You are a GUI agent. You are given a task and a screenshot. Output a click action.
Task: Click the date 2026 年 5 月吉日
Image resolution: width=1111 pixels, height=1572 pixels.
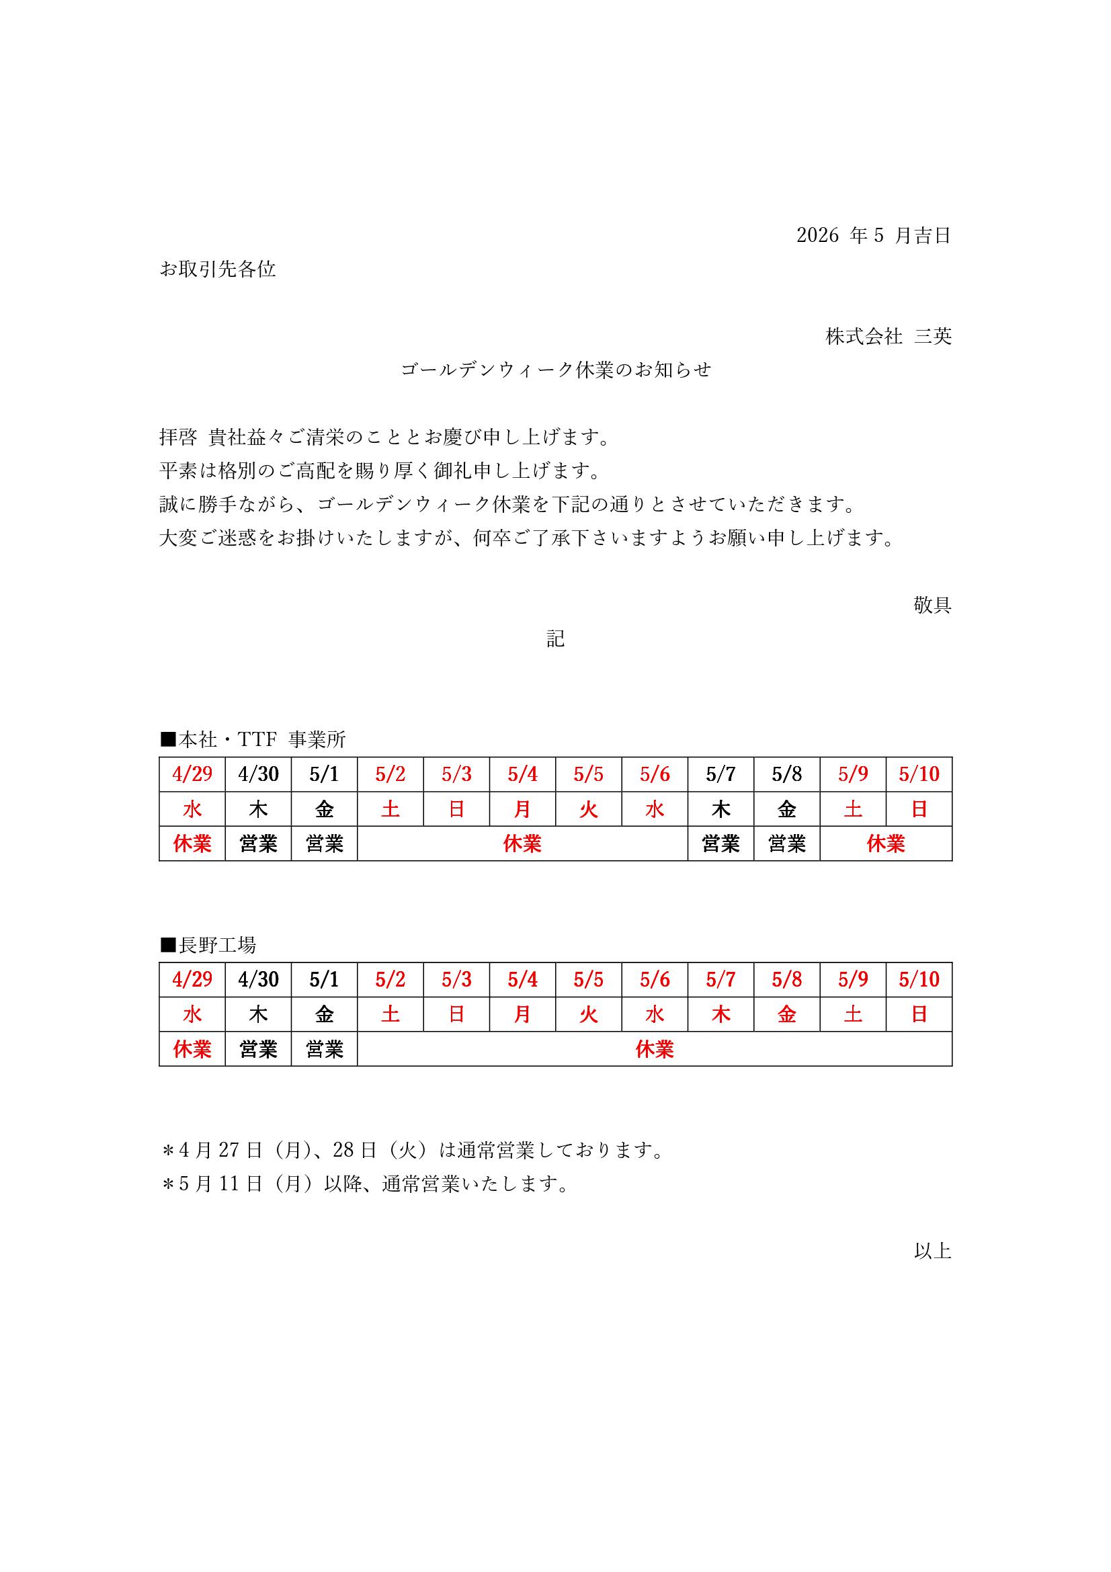coord(874,235)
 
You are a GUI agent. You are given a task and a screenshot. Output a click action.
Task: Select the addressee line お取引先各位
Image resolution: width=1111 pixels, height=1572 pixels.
coord(218,269)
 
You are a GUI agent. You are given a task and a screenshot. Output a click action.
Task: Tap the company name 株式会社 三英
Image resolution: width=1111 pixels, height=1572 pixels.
coord(888,336)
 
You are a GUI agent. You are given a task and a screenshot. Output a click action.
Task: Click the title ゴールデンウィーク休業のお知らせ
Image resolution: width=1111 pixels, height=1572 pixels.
coord(556,370)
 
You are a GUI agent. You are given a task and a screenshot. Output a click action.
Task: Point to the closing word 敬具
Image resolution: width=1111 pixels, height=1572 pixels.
coord(932,605)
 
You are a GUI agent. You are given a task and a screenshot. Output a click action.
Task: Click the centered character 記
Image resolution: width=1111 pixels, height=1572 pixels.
coord(555,638)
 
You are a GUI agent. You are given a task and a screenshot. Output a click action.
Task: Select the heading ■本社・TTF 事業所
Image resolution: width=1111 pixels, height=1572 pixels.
coord(253,739)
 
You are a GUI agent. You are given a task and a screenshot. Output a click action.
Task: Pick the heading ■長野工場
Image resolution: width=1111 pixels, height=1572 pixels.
coord(208,945)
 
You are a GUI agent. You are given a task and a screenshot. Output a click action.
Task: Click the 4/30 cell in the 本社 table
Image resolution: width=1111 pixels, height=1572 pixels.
coord(258,774)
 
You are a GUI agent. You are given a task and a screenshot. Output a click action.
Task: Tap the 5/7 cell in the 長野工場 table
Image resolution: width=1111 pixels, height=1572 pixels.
coord(720,979)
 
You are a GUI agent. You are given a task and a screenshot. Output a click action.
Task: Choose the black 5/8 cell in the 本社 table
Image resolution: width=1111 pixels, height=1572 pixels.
coord(786,774)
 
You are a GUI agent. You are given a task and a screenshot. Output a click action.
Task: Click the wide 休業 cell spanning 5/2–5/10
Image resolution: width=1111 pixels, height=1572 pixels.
coord(655,1049)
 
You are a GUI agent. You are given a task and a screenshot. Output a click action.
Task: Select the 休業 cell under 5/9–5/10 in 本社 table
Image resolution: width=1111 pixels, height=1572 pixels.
coord(886,843)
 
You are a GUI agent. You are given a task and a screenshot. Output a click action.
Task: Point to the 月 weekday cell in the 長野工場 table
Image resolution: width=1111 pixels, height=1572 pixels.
coord(522,1014)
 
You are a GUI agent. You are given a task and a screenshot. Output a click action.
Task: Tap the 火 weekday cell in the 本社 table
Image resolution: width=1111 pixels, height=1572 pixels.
coord(589,809)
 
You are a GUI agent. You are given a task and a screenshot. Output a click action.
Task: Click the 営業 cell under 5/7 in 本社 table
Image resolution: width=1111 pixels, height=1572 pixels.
coord(720,843)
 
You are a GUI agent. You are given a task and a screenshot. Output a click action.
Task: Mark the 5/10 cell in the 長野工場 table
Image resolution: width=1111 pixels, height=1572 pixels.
coord(919,979)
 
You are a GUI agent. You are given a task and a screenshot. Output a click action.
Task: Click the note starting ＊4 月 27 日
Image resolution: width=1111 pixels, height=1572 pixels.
coord(412,1150)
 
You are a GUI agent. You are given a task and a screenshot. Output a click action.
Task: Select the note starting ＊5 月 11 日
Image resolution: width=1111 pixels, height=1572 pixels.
coord(365,1184)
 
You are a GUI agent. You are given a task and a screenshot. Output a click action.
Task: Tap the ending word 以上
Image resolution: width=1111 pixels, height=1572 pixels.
coord(932,1251)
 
